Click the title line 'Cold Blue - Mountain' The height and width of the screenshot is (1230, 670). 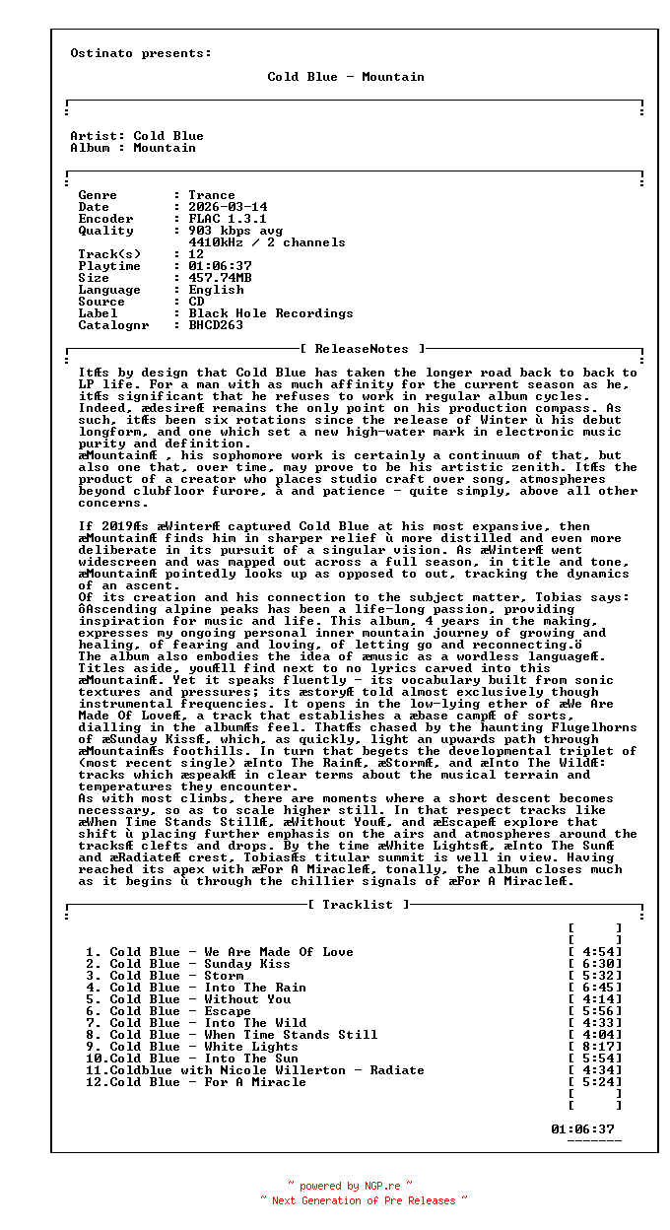[x=346, y=77]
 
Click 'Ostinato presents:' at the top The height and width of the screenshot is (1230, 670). [x=141, y=53]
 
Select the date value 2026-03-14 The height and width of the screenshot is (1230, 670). [x=228, y=207]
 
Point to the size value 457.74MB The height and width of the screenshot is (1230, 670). [x=220, y=278]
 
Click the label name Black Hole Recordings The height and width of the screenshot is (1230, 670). [x=271, y=313]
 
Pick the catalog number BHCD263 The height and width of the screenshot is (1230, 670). [x=216, y=325]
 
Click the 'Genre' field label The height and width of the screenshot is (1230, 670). [x=98, y=195]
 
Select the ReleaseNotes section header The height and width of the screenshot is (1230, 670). [x=362, y=349]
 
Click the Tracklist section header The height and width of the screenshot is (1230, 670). [x=358, y=905]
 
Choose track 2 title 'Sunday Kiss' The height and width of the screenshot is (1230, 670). [x=247, y=964]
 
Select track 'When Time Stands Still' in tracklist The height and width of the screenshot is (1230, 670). [x=291, y=1035]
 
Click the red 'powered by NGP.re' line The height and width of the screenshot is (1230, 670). [x=350, y=1187]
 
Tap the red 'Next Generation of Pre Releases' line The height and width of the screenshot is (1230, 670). [x=364, y=1200]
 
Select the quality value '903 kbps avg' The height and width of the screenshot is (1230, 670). [x=235, y=231]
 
